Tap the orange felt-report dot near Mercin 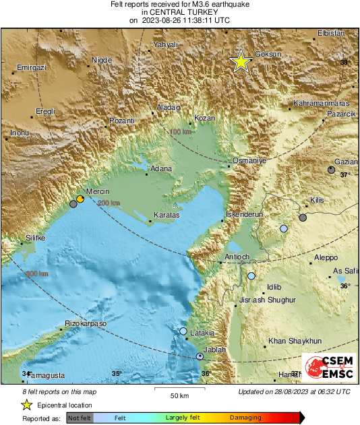pos(80,199)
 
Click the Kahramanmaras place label pos(320,105)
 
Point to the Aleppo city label pos(326,258)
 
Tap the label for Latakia pos(202,333)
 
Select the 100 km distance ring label pos(180,132)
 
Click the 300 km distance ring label pos(36,273)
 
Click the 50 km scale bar pos(178,390)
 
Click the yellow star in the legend pos(26,405)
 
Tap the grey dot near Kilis pos(303,218)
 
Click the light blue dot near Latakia pos(183,331)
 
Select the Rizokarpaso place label pos(86,324)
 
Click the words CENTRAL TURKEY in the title pos(179,12)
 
